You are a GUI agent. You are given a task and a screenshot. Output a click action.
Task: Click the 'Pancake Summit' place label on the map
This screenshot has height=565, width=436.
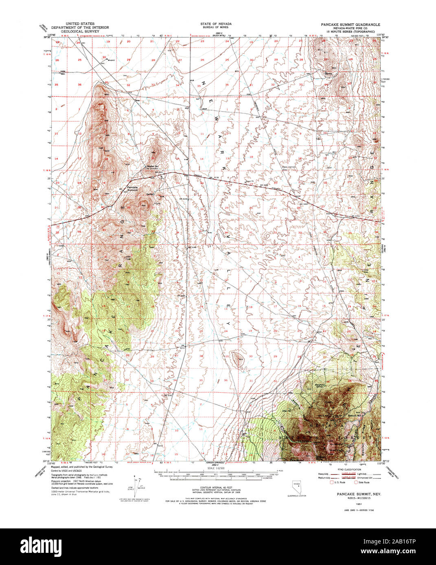(x=132, y=189)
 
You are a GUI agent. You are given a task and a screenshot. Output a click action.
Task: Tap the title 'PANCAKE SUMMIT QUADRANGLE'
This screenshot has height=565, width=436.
(x=350, y=24)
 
